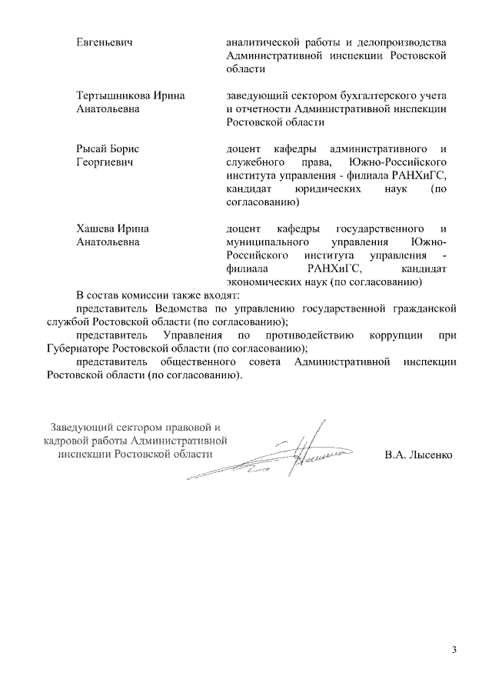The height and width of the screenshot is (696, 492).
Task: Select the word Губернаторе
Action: [78, 349]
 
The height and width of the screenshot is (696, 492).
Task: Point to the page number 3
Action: [454, 651]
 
